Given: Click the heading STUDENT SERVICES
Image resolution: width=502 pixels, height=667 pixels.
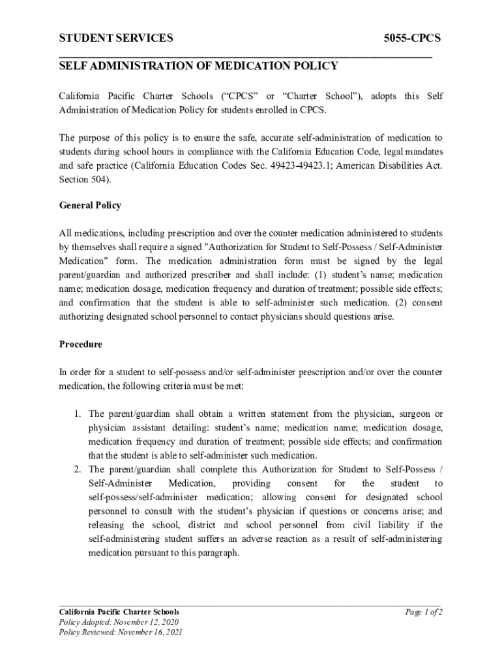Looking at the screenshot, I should [x=116, y=38].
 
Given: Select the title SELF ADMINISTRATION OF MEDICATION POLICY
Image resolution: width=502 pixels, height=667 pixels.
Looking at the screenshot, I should [x=199, y=66].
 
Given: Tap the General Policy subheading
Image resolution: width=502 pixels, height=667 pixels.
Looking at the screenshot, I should [x=90, y=205].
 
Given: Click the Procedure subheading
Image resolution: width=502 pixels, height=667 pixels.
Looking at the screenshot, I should [x=81, y=344].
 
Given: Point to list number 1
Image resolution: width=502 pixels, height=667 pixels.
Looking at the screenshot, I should [x=76, y=414].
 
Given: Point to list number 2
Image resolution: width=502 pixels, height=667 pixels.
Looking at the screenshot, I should [x=76, y=470].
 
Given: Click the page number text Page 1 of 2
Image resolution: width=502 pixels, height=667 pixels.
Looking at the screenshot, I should [x=424, y=612].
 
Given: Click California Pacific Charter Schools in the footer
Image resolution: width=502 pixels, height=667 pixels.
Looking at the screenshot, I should [x=119, y=612].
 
